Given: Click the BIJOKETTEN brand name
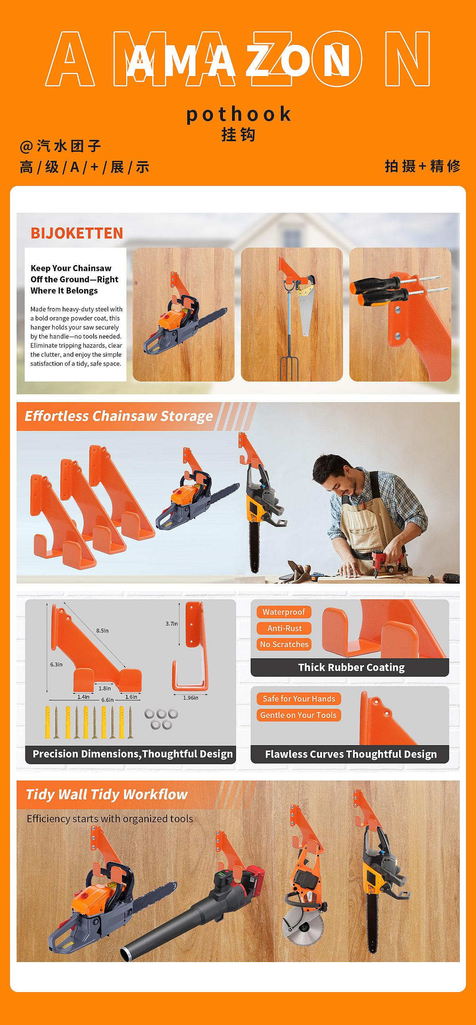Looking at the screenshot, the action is click(x=77, y=233).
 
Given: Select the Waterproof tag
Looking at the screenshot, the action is click(x=284, y=612).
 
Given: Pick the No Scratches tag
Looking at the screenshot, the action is click(x=284, y=644).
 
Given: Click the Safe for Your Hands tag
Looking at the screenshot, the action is click(x=299, y=699).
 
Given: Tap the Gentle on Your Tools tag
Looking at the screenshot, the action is click(x=298, y=715).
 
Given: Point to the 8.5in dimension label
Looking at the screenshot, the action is click(x=102, y=631).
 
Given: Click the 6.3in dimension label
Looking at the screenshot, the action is click(x=56, y=664).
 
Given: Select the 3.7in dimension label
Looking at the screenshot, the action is click(x=172, y=624).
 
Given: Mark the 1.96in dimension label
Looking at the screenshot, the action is click(x=190, y=697).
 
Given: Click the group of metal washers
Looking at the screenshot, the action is click(x=161, y=719).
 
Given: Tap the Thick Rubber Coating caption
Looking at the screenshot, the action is click(x=351, y=667).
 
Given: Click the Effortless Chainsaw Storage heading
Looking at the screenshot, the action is click(x=119, y=416).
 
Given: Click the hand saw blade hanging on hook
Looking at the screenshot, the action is click(x=306, y=310).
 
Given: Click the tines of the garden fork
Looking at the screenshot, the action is click(x=289, y=369).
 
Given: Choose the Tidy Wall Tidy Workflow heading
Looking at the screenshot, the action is click(x=106, y=795).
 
